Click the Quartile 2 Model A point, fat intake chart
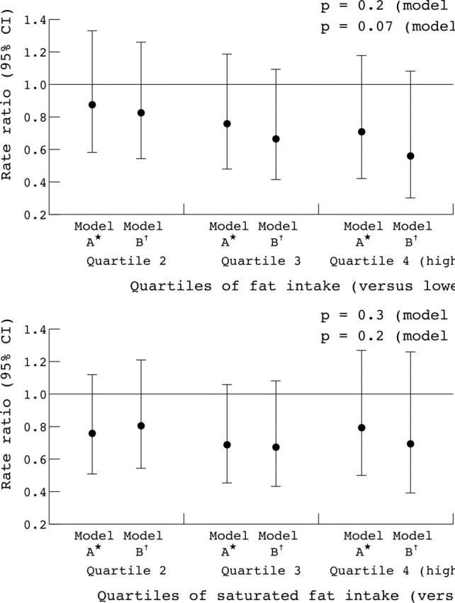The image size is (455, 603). (x=92, y=105)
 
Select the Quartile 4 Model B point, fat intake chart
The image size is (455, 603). (x=410, y=156)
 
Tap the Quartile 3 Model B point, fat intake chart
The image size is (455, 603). (x=276, y=139)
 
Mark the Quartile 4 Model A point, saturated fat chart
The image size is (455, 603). (x=361, y=427)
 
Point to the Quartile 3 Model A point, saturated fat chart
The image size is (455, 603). (x=227, y=445)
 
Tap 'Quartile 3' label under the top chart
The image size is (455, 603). (x=262, y=261)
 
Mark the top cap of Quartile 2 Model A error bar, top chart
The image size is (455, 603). (x=92, y=31)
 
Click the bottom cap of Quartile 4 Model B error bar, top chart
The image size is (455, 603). (x=410, y=198)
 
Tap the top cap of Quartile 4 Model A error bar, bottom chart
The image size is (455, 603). (x=361, y=350)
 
